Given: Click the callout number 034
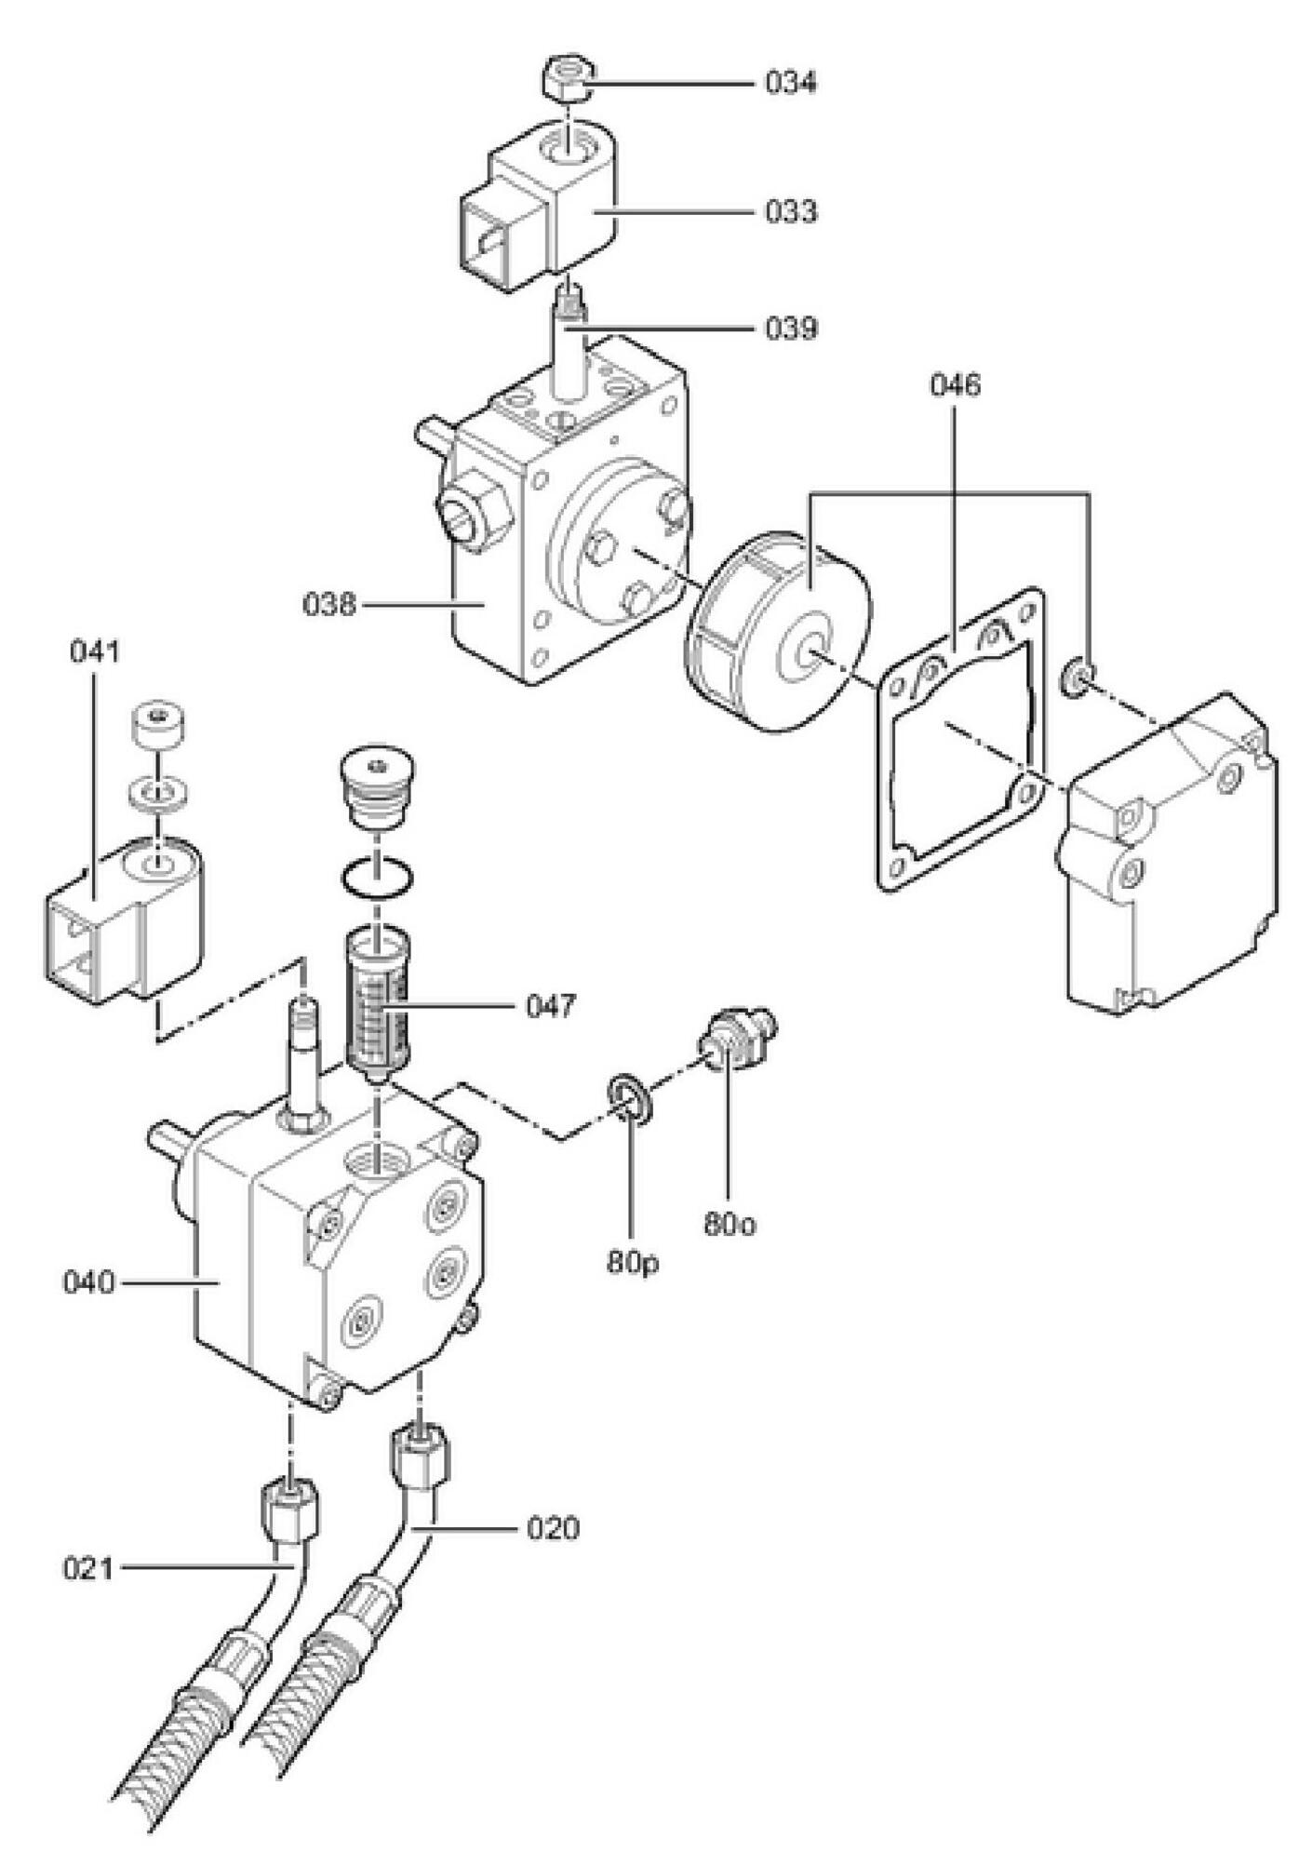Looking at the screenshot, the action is pyautogui.click(x=791, y=83).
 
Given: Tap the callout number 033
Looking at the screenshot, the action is pyautogui.click(x=791, y=211).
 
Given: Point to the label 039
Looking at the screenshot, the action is pyautogui.click(x=791, y=329).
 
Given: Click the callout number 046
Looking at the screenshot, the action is pyautogui.click(x=955, y=384).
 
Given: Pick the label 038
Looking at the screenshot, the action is pyautogui.click(x=329, y=605).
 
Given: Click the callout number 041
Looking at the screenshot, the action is pyautogui.click(x=95, y=651).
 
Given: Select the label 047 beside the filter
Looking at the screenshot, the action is pyautogui.click(x=551, y=1006).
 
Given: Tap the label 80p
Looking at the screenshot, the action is pyautogui.click(x=633, y=1262).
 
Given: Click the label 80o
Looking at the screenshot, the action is pyautogui.click(x=730, y=1225).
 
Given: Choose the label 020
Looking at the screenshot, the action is pyautogui.click(x=553, y=1528).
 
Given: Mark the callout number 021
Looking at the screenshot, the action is pyautogui.click(x=89, y=1569).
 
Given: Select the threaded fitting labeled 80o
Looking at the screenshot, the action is pyautogui.click(x=738, y=1039).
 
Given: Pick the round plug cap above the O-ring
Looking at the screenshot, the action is pyautogui.click(x=376, y=784).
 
